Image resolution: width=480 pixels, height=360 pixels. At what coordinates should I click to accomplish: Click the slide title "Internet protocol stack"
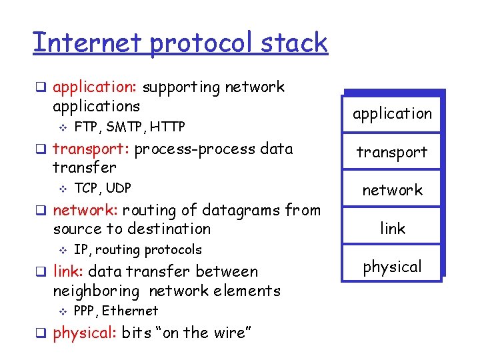click(180, 43)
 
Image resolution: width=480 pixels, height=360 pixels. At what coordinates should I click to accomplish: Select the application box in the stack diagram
click(392, 114)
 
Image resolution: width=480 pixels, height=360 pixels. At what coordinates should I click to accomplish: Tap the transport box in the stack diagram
click(392, 152)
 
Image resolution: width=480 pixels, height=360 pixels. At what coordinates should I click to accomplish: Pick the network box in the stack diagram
click(392, 190)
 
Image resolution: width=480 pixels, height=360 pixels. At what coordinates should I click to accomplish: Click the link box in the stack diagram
click(392, 229)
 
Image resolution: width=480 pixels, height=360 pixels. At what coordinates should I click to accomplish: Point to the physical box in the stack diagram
click(392, 267)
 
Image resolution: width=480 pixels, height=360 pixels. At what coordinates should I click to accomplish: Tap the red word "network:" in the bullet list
click(85, 211)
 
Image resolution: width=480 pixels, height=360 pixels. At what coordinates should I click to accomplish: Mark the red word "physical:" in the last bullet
click(85, 333)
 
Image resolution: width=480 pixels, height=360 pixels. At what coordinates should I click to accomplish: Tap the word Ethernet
click(130, 311)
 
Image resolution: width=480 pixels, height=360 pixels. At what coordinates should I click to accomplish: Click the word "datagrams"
click(237, 211)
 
